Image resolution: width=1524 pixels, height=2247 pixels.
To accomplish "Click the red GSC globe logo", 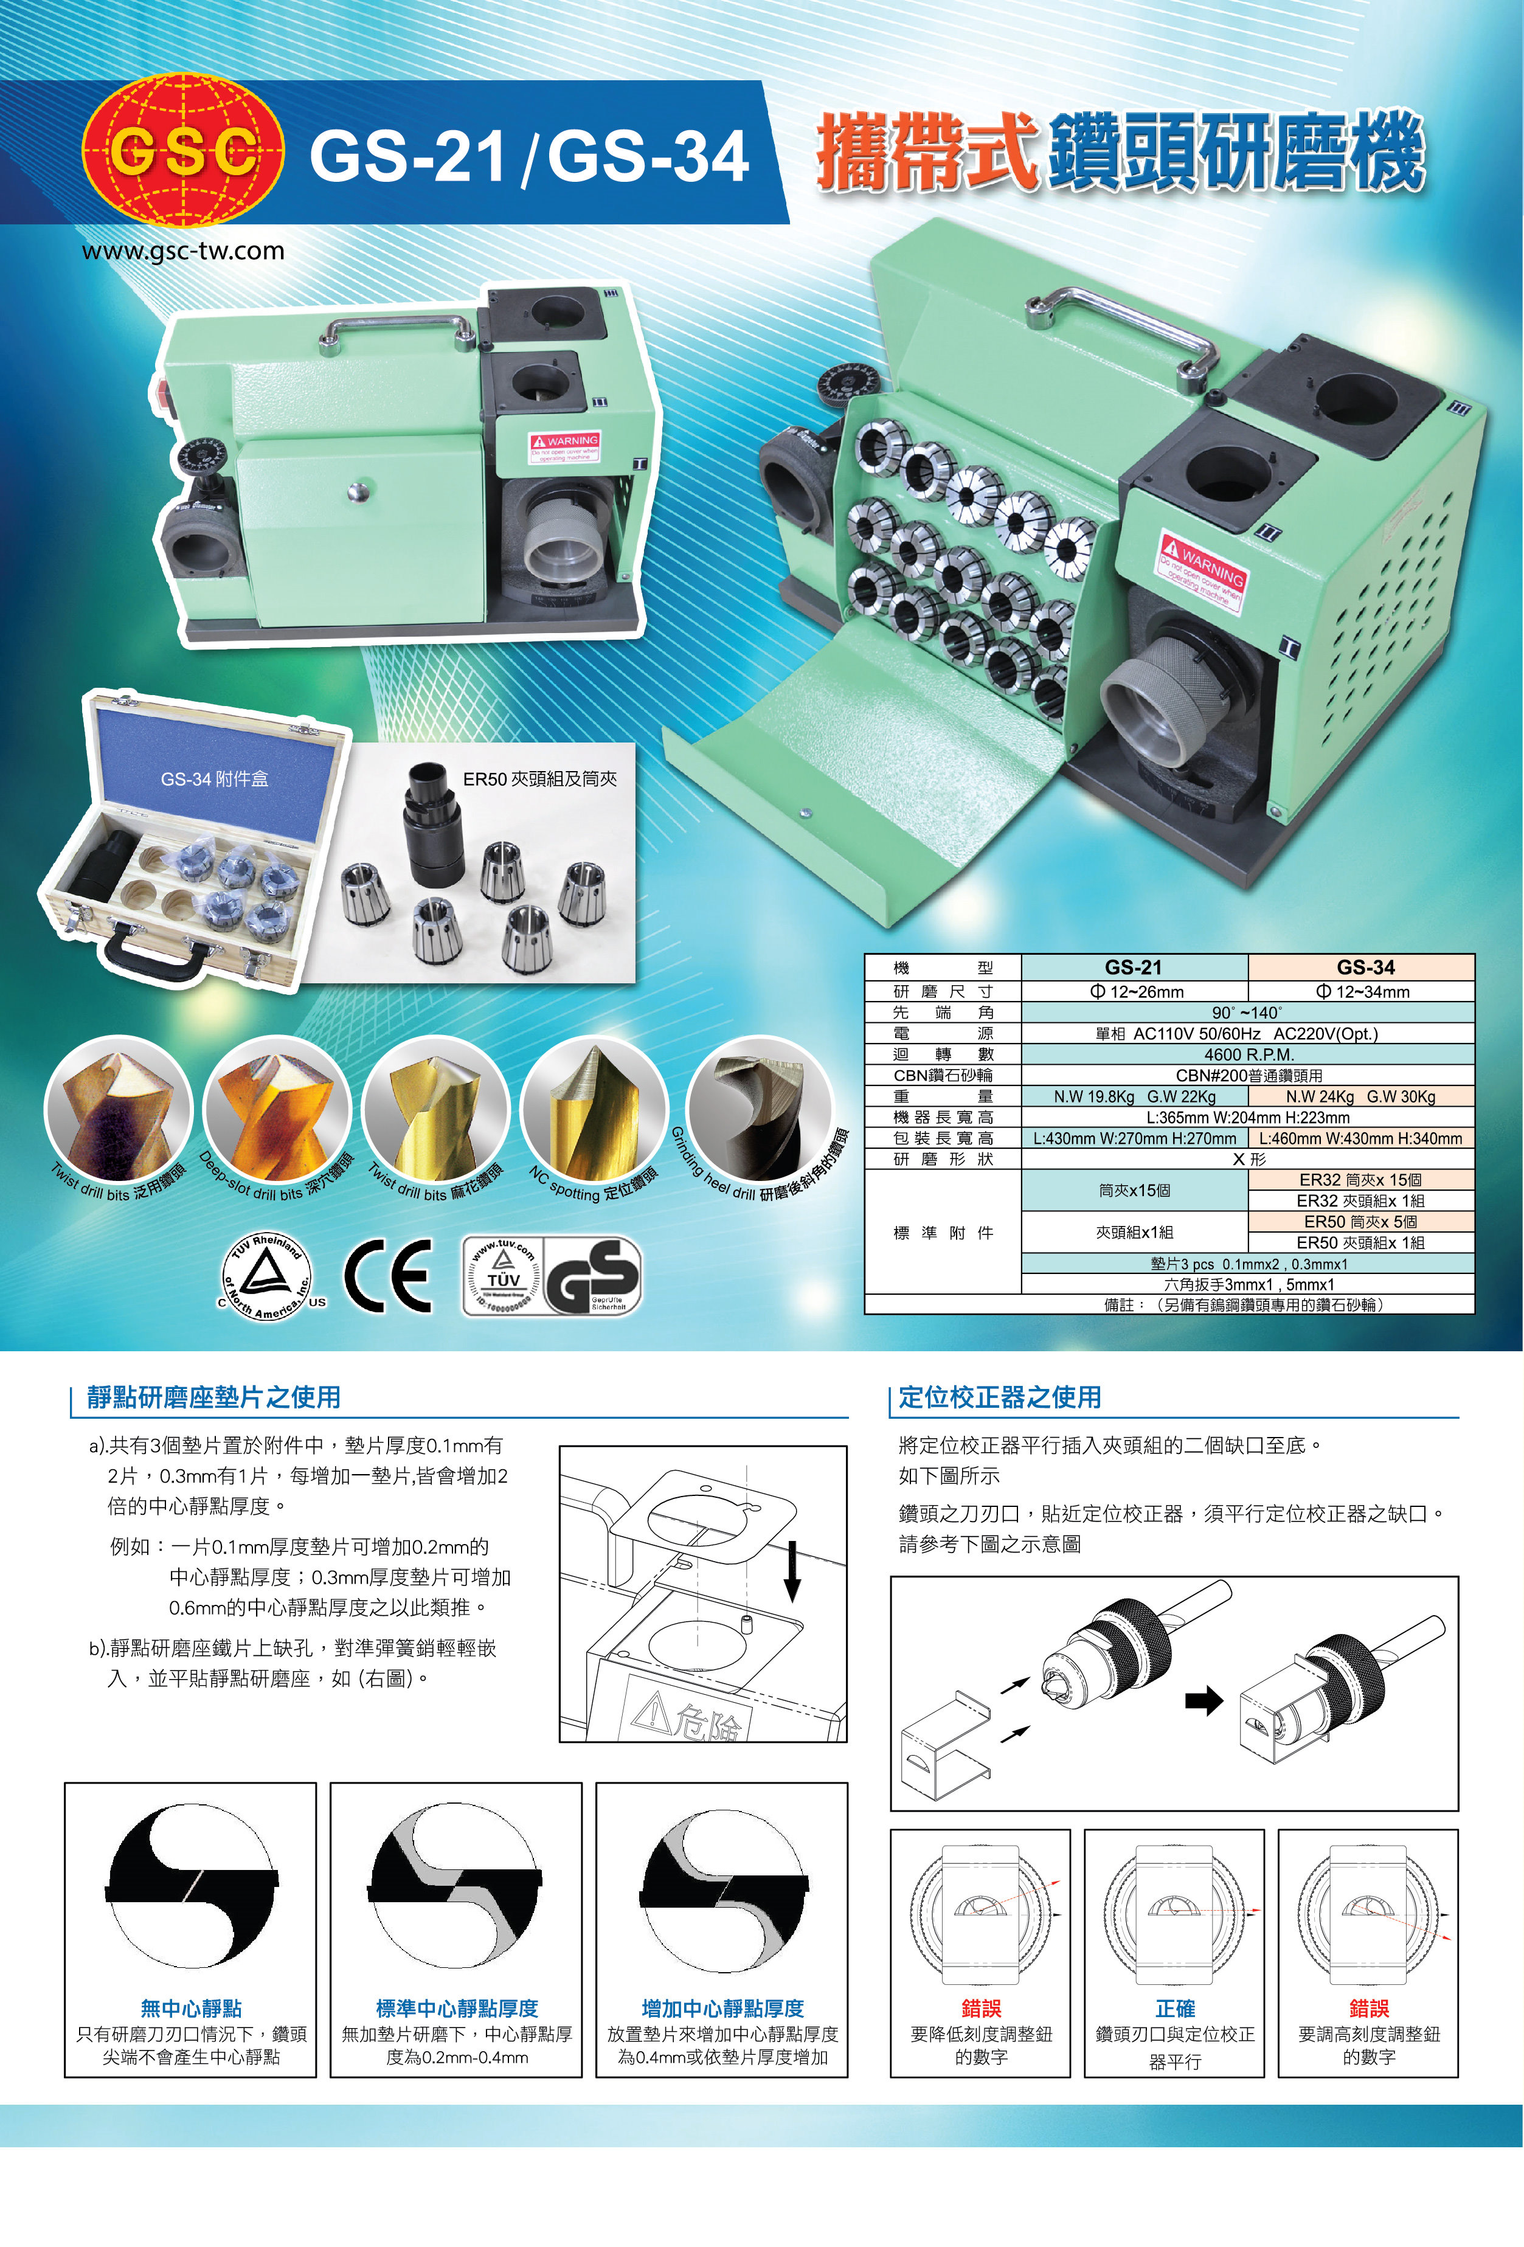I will [182, 152].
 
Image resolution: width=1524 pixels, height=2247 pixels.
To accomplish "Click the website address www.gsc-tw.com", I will [183, 251].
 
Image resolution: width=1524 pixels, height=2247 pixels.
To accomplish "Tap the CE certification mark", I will [389, 1275].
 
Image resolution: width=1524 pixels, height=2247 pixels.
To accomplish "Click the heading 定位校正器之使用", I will [1000, 1397].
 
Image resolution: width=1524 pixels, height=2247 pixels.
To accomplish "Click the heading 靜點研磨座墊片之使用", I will [213, 1397].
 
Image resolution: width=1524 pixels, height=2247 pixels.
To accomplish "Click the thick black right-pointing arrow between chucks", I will [1204, 1701].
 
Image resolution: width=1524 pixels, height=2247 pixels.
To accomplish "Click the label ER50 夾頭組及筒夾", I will [539, 779].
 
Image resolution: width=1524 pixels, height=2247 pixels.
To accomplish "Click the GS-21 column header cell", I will [1134, 967].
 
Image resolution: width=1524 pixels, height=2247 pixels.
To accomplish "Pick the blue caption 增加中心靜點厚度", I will [722, 2008].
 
